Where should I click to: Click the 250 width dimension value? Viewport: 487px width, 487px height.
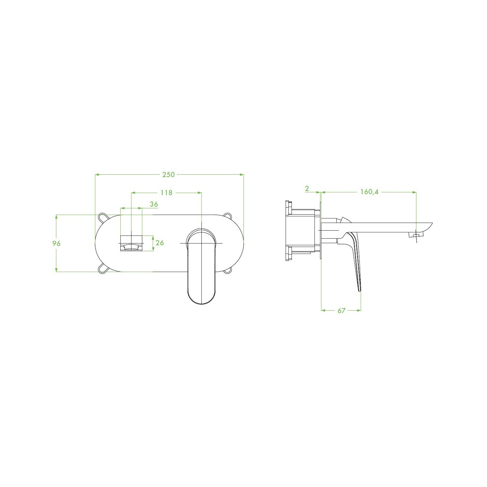pos(168,175)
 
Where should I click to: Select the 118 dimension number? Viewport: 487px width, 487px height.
pos(166,193)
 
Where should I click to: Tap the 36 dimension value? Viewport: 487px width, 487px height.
pos(154,204)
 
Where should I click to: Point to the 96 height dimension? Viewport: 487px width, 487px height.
pos(56,243)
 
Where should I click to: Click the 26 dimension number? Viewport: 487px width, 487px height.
pos(160,243)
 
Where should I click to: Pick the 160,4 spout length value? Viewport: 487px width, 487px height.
pos(369,192)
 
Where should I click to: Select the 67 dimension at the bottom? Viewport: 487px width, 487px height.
pos(341,310)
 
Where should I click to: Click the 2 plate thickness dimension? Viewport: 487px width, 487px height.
pos(307,189)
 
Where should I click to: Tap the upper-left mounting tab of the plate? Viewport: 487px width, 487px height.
pos(103,218)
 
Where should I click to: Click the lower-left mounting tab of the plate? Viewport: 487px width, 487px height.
pos(103,269)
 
